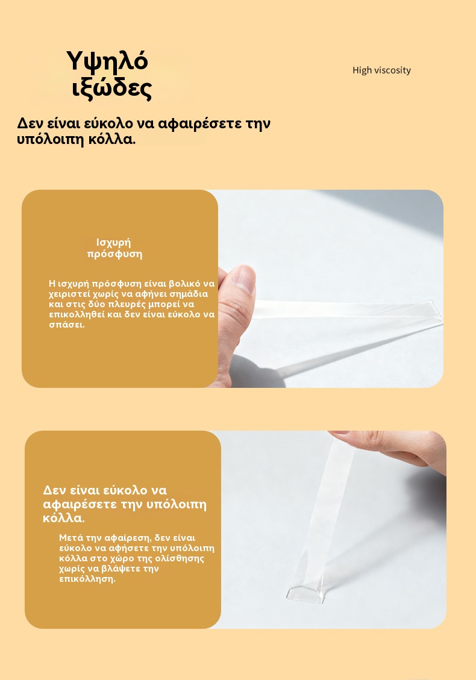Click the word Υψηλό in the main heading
[x=107, y=61]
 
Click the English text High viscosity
[x=381, y=70]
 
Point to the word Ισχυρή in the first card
[x=113, y=242]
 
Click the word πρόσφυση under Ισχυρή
[x=114, y=254]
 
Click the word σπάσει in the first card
[x=66, y=325]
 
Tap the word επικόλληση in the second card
[x=87, y=579]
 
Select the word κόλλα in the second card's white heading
[x=64, y=518]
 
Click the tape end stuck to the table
[x=306, y=593]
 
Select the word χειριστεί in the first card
[x=69, y=294]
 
